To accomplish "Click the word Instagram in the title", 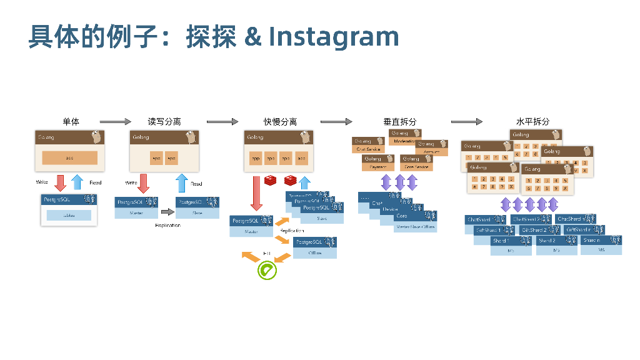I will click(x=334, y=37).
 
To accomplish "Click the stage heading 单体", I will click(x=71, y=121).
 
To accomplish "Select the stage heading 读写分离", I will click(x=164, y=121).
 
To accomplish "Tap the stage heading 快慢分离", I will click(x=280, y=121).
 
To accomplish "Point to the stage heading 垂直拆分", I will click(x=400, y=121).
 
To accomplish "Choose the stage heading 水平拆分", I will click(x=532, y=121).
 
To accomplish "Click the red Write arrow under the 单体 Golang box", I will click(x=61, y=182).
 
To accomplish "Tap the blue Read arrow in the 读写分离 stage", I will click(x=181, y=183).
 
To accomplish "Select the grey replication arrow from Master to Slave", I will click(x=167, y=212).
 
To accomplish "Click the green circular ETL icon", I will click(x=267, y=270).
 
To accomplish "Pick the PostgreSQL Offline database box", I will click(x=315, y=247).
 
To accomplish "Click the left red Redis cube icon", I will click(x=271, y=181).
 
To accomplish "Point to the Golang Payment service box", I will click(x=378, y=163).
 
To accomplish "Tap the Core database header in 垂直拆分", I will click(x=415, y=216).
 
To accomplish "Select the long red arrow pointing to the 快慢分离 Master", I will click(x=256, y=194).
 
